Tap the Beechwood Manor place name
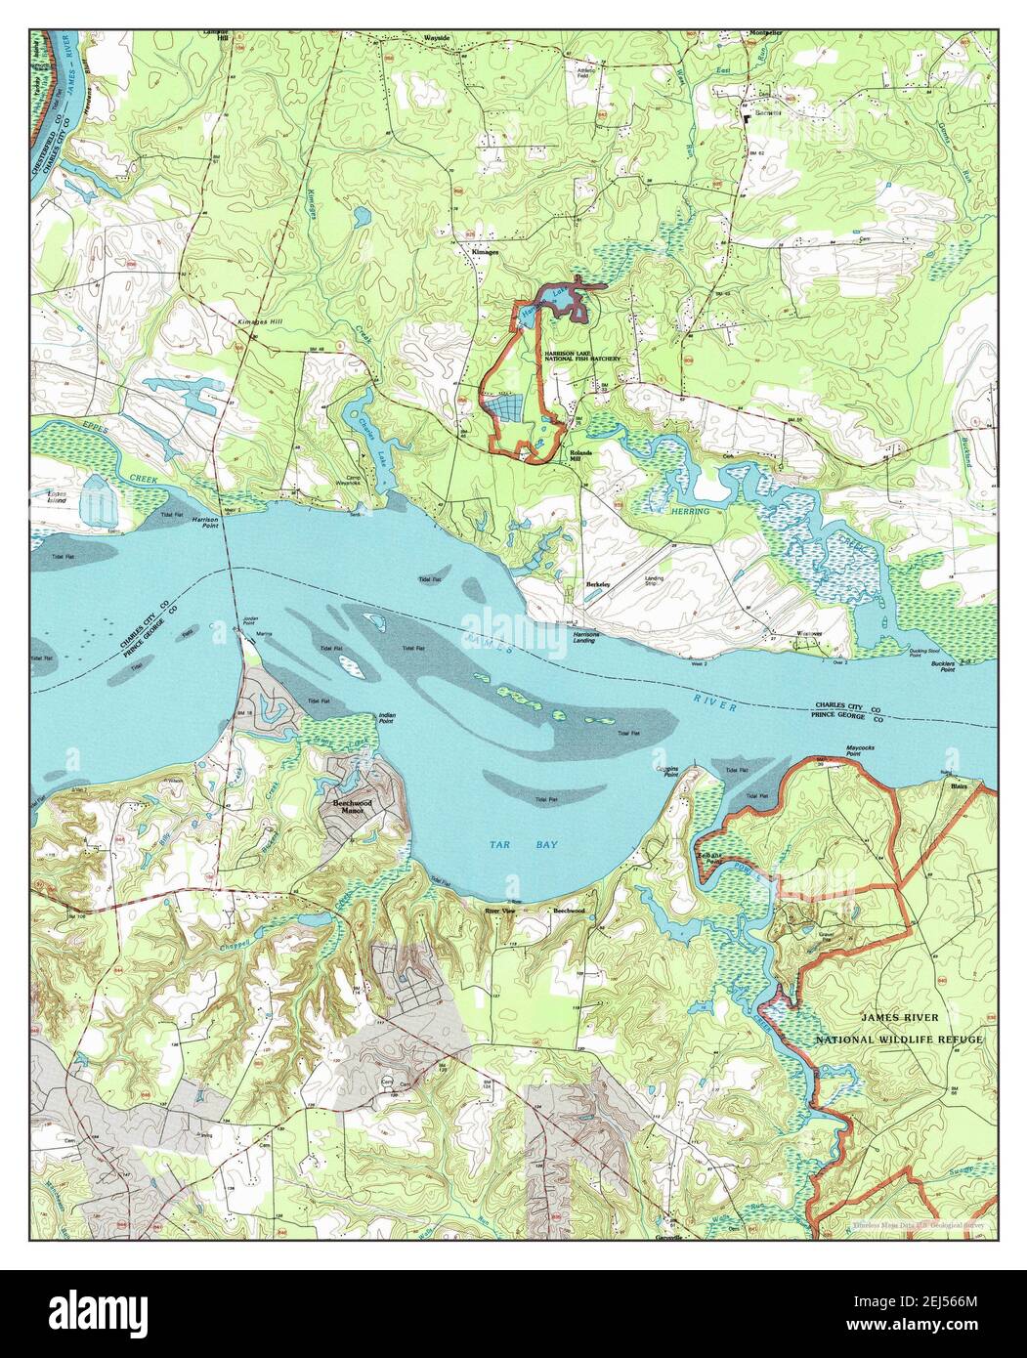pyautogui.click(x=348, y=806)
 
